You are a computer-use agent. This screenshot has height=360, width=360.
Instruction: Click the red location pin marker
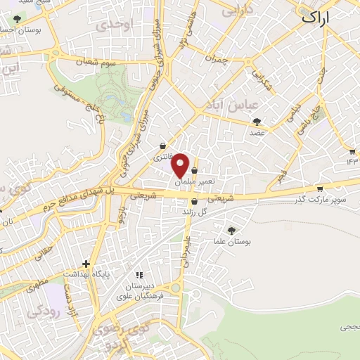coord(181,165)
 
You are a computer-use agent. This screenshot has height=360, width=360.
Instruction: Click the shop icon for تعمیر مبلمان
coord(193,170)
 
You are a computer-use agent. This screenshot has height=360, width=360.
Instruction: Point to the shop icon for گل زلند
coord(194,202)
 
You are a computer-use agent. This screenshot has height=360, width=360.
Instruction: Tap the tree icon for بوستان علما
coord(233,230)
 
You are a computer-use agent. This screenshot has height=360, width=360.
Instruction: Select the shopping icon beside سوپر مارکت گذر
coord(320,188)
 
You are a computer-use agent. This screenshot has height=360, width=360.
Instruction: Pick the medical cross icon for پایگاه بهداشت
coord(86,264)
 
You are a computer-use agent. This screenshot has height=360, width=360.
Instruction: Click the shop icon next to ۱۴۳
coord(352,152)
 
